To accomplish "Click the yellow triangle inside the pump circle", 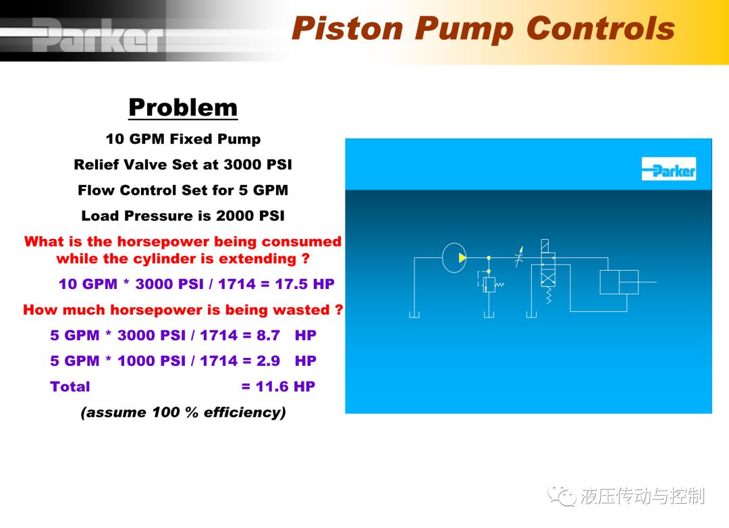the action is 462,257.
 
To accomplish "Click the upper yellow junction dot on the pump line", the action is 489,257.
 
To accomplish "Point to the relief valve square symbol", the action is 489,284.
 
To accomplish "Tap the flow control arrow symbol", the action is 519,257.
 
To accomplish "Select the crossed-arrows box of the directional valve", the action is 548,278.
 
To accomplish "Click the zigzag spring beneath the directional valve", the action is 549,294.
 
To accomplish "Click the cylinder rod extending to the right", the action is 647,282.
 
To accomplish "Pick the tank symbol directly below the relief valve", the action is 489,315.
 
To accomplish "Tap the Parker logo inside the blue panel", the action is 668,169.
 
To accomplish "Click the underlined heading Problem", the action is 183,108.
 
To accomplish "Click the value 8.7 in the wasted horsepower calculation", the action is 268,335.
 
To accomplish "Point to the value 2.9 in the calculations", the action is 268,361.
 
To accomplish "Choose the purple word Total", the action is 70,386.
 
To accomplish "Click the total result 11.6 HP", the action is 286,386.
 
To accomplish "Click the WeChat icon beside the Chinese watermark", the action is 562,496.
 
